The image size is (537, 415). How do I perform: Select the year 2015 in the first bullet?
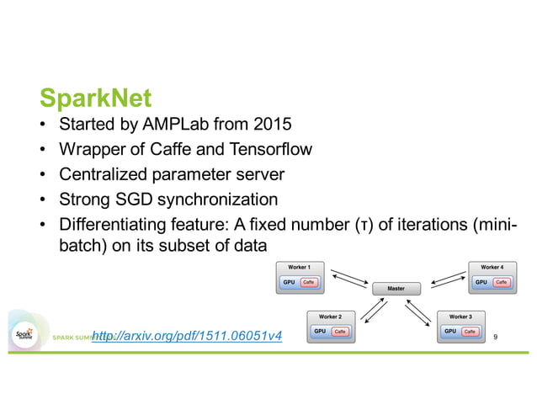pyautogui.click(x=271, y=125)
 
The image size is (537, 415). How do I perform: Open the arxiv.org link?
pyautogui.click(x=186, y=337)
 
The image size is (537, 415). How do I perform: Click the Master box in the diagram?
pyautogui.click(x=396, y=289)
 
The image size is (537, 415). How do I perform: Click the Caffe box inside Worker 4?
pyautogui.click(x=502, y=282)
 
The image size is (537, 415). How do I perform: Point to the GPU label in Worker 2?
pyautogui.click(x=319, y=332)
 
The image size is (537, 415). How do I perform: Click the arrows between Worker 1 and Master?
pyautogui.click(x=348, y=277)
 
